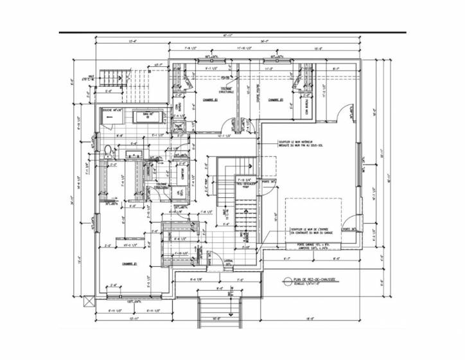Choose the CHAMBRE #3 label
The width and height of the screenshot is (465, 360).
[x=276, y=100]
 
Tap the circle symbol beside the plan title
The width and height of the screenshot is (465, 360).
[x=287, y=281]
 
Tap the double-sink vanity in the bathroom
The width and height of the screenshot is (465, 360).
[x=134, y=154]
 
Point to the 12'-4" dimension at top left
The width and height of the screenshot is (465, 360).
[x=133, y=42]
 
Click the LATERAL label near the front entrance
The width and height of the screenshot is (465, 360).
[x=228, y=260]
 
